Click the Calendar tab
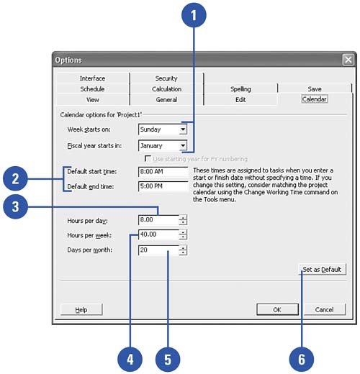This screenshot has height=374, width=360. (314, 99)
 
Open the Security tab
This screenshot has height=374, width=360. (166, 78)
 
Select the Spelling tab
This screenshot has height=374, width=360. (240, 89)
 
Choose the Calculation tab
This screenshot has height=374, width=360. (166, 89)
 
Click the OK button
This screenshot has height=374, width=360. (277, 309)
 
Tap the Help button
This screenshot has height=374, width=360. (81, 309)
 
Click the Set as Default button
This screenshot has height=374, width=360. (322, 269)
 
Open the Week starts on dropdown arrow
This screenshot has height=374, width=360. (183, 129)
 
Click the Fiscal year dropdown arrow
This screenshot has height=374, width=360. (183, 145)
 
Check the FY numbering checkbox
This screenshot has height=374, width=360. (148, 158)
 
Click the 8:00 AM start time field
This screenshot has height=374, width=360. (163, 172)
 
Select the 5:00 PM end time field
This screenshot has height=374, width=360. (163, 186)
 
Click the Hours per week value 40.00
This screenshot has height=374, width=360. (148, 234)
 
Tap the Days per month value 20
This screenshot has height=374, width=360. (143, 250)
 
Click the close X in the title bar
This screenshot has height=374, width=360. (348, 60)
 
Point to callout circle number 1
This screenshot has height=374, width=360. (194, 15)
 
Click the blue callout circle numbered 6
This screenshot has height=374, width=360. (302, 360)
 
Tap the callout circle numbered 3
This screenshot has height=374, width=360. (15, 206)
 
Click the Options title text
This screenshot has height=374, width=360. (68, 60)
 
